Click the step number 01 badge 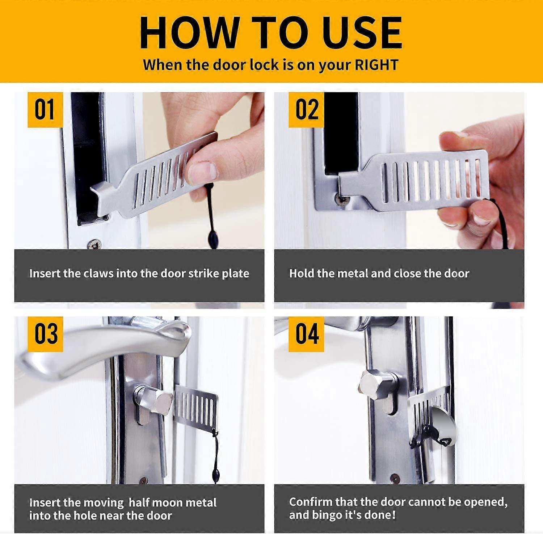pyautogui.click(x=45, y=109)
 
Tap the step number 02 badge pyautogui.click(x=306, y=109)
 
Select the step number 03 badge pyautogui.click(x=45, y=334)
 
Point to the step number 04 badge pyautogui.click(x=306, y=334)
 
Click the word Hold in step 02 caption pyautogui.click(x=302, y=273)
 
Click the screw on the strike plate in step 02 pyautogui.click(x=340, y=198)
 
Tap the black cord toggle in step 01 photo pyautogui.click(x=212, y=239)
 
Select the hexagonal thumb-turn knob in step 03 pyautogui.click(x=161, y=400)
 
